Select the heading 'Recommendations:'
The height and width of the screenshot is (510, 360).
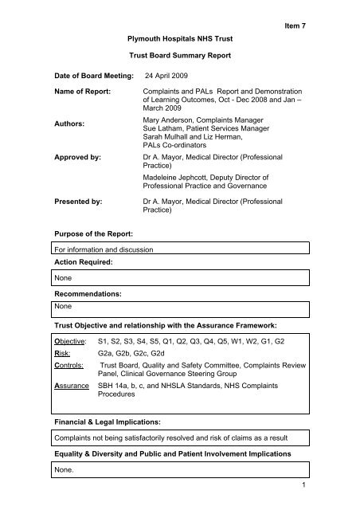(90, 305)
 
